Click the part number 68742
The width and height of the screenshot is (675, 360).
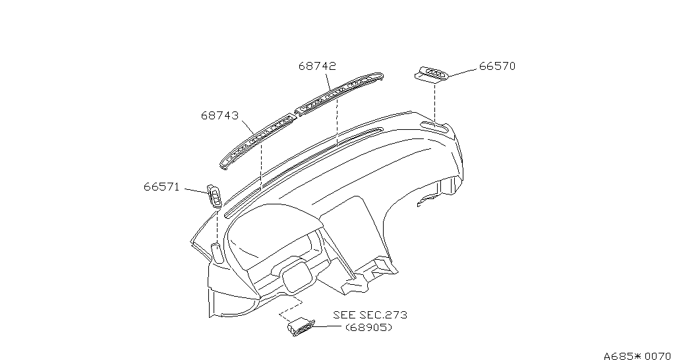click(x=317, y=67)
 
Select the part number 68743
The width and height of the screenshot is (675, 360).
click(x=220, y=116)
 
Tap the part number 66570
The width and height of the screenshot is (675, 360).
click(x=497, y=67)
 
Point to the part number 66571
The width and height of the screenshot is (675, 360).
click(x=161, y=187)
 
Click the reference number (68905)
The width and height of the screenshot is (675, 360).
click(x=369, y=328)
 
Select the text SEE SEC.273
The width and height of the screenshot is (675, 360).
click(x=370, y=315)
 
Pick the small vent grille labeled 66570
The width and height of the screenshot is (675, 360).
click(x=431, y=74)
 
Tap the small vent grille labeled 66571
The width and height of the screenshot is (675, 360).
click(x=215, y=196)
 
